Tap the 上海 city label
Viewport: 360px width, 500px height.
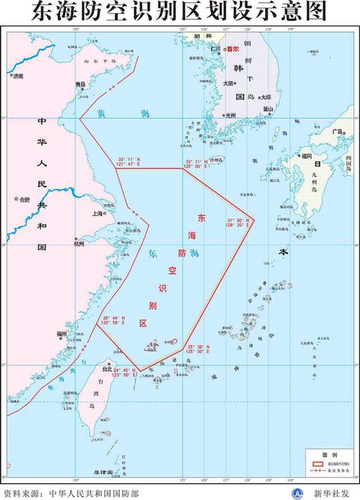click(x=97, y=214)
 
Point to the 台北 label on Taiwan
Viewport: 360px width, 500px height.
click(x=106, y=368)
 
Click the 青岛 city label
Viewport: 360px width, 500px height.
click(x=80, y=84)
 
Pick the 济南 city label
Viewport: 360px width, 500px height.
click(x=17, y=76)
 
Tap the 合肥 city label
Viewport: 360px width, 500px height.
click(x=25, y=199)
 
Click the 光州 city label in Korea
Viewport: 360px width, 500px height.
click(x=231, y=115)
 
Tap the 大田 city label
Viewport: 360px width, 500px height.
click(x=228, y=84)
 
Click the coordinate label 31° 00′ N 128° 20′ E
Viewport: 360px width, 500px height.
click(x=238, y=223)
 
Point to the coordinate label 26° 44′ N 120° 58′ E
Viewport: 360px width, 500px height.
click(x=114, y=321)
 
